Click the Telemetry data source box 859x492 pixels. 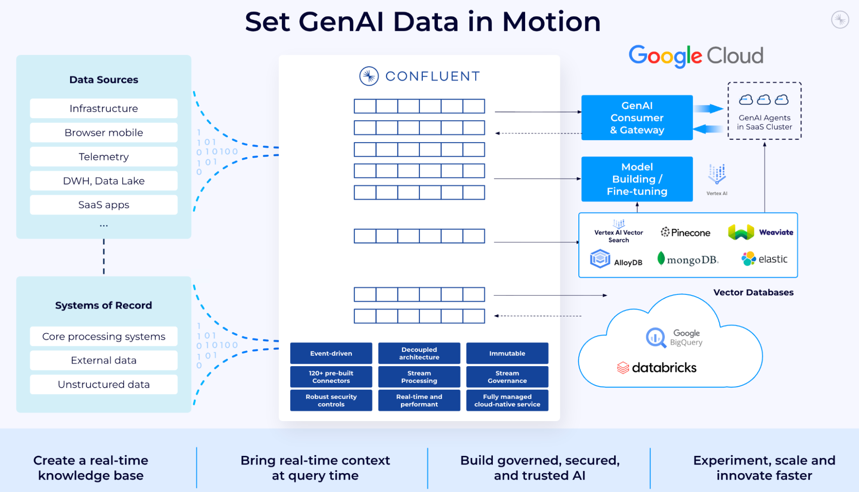coord(104,157)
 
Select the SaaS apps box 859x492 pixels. coord(104,205)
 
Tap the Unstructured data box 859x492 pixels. coord(104,385)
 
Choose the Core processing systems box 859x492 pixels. coord(104,336)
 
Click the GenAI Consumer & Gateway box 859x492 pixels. coord(637,118)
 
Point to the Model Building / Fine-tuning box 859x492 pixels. coord(637,179)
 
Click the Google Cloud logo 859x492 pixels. coord(696,56)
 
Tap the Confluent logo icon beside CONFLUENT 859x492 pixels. coord(369,76)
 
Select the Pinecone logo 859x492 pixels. coord(685,232)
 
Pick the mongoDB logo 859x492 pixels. coord(688,260)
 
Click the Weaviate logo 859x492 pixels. coord(761,232)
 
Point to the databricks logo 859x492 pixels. coord(657,368)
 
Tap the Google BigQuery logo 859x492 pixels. coord(674,338)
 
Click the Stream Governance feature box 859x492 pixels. coord(507,377)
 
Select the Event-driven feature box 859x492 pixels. coord(331,353)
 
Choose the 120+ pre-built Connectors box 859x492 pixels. coord(331,377)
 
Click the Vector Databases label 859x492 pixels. coord(753,293)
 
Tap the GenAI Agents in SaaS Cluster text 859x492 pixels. coord(764,122)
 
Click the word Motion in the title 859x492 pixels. coord(551,22)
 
